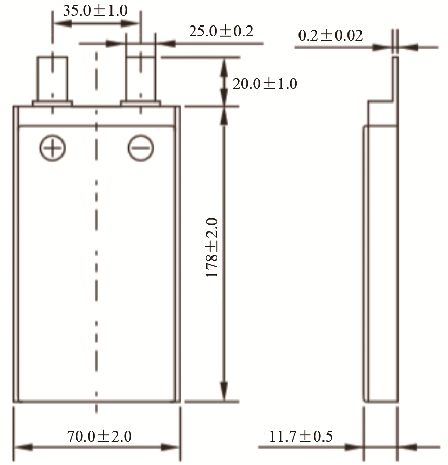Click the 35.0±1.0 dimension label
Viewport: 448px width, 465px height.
tap(95, 10)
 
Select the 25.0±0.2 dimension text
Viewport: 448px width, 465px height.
tap(221, 31)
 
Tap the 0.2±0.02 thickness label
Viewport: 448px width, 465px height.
tap(330, 35)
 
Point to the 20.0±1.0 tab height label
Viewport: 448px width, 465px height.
tap(265, 84)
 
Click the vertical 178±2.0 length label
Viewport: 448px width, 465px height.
tap(212, 248)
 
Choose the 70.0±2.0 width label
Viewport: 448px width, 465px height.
tap(99, 436)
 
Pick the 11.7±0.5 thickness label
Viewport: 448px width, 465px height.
tap(301, 436)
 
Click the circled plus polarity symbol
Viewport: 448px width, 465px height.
tap(53, 148)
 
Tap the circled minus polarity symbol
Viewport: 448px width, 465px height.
tap(141, 148)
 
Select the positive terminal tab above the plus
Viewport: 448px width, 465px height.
tap(53, 79)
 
